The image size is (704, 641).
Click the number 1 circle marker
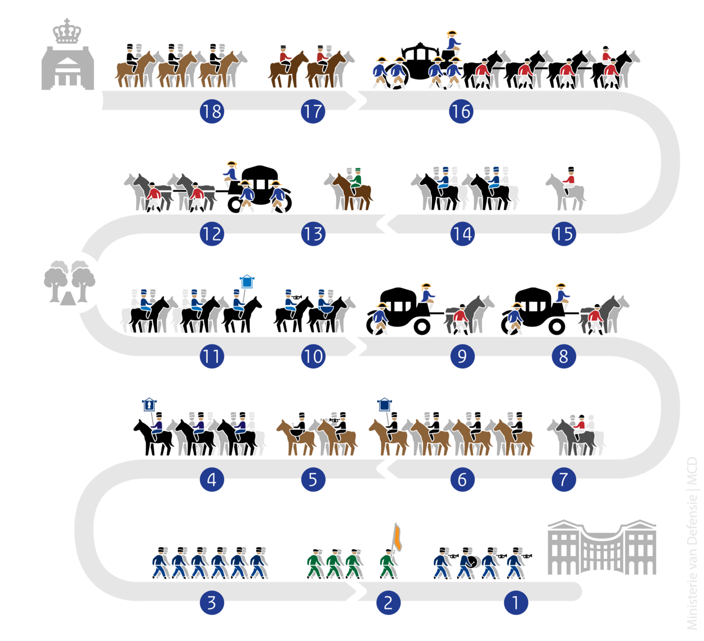(515, 603)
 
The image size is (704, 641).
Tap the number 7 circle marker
(563, 479)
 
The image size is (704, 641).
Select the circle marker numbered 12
(212, 234)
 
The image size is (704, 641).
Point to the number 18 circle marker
(212, 111)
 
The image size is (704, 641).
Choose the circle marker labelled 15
(563, 234)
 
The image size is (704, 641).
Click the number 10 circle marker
(313, 357)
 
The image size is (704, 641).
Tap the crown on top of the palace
(67, 32)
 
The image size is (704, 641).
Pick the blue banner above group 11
(247, 281)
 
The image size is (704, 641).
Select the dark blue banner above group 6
(384, 404)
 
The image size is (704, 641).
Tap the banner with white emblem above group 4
(149, 404)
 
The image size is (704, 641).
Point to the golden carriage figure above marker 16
(452, 40)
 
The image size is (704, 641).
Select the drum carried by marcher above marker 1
(474, 562)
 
